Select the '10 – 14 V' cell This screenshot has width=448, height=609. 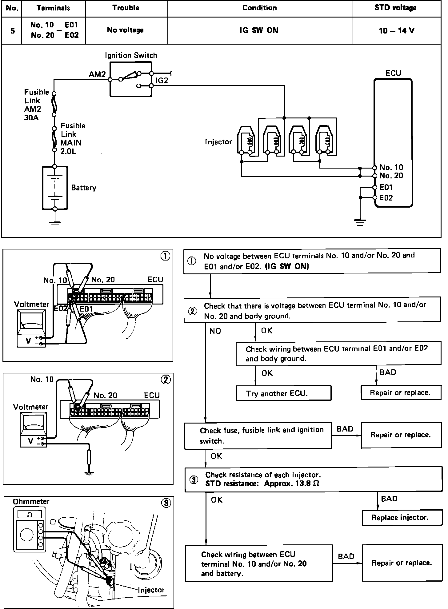coord(396,30)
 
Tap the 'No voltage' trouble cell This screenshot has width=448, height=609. coord(125,30)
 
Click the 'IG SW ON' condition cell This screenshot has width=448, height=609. coord(259,30)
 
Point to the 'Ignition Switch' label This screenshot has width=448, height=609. coord(131,56)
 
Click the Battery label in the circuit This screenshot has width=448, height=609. coord(84,188)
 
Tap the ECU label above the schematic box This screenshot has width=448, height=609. coord(393,73)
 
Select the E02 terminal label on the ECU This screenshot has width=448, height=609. coord(386,198)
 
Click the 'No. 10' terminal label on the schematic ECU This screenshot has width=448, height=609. coord(391,167)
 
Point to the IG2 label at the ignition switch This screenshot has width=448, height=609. coord(162,81)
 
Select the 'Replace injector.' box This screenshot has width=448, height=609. coord(400,518)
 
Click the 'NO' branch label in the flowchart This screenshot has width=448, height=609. coord(215,331)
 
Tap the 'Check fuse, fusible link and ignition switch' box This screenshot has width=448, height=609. coord(258,435)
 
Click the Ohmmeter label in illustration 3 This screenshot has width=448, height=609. coord(31,502)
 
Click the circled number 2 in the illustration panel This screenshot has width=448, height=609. coord(166,380)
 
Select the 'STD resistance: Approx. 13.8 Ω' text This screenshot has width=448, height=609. coord(262,483)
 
